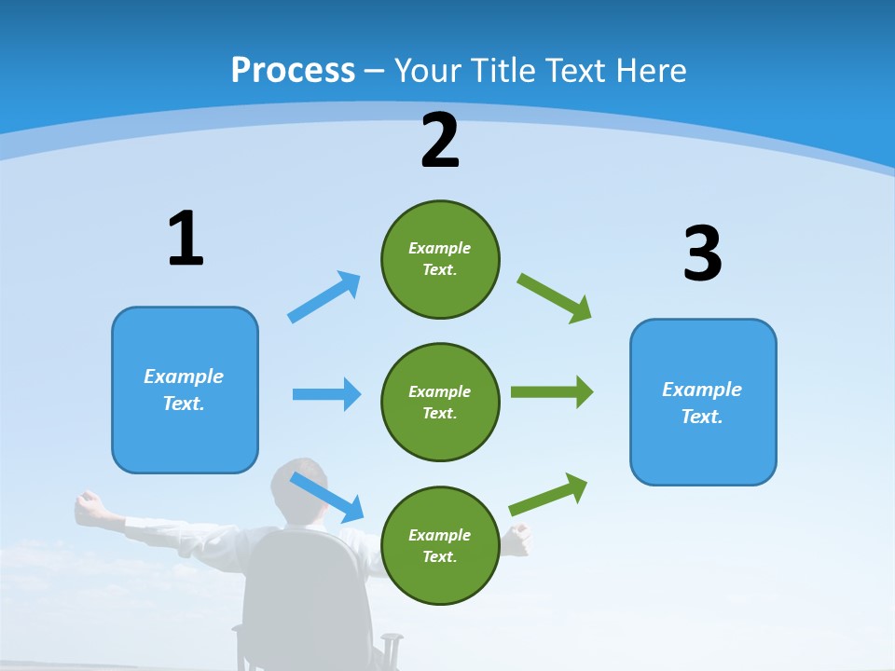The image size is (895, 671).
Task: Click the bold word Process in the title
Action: click(x=293, y=71)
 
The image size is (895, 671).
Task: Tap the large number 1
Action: click(x=185, y=239)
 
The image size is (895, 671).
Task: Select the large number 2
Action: click(x=440, y=141)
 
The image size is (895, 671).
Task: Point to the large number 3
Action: click(x=702, y=253)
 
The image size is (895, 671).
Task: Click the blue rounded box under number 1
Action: click(x=185, y=390)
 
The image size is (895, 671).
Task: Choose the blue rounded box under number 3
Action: click(x=703, y=402)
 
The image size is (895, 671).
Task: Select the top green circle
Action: click(x=440, y=259)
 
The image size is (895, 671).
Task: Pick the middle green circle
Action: click(x=440, y=402)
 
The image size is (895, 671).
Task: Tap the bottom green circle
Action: click(x=440, y=545)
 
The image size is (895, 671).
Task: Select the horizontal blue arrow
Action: click(x=326, y=394)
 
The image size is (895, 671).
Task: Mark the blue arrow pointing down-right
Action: click(x=327, y=496)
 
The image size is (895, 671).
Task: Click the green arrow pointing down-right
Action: click(x=555, y=297)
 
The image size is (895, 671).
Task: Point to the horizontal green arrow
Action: click(x=552, y=392)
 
